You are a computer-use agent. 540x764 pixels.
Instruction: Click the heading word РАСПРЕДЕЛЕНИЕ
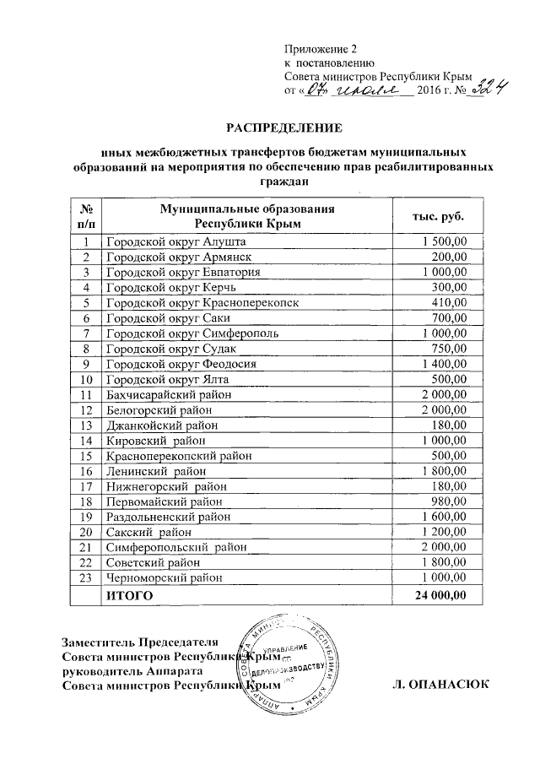pyautogui.click(x=283, y=128)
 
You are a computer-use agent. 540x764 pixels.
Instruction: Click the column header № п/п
pyautogui.click(x=85, y=216)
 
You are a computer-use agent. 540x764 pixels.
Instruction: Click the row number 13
pyautogui.click(x=85, y=425)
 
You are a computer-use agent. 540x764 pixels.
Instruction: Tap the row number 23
pyautogui.click(x=85, y=577)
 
